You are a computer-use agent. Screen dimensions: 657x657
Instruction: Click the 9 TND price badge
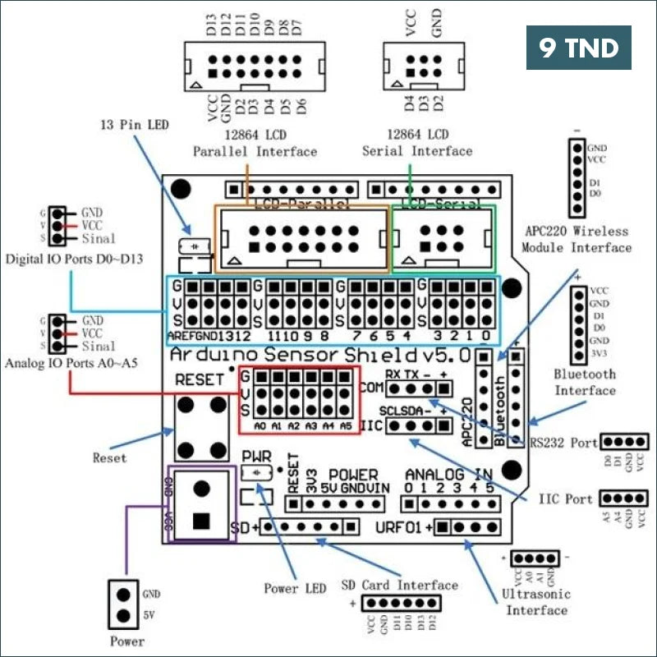pos(578,48)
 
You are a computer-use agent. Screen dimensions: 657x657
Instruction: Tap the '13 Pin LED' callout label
pos(134,125)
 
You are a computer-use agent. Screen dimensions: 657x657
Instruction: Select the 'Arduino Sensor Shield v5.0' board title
pos(319,356)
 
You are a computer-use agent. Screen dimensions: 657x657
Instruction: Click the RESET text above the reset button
pos(200,379)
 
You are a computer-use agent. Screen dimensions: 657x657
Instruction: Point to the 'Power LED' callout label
pos(294,588)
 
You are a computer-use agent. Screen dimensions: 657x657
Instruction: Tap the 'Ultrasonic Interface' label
pos(537,601)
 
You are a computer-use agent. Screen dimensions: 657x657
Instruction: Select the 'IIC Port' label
pos(566,498)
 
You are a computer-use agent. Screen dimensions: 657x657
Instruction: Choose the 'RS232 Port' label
pos(563,443)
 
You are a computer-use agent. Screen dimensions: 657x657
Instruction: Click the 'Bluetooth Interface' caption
pos(585,381)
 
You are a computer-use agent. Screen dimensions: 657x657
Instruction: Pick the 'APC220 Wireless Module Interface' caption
pos(575,239)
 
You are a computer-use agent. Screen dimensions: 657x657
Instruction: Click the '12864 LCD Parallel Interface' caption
pos(255,142)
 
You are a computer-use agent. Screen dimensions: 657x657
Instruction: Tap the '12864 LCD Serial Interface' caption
pos(417,142)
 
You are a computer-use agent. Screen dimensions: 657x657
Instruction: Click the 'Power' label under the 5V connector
pos(126,641)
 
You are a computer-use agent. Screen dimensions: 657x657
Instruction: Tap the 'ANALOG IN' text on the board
pos(449,474)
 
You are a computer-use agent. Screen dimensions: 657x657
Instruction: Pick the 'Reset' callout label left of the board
pos(110,457)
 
